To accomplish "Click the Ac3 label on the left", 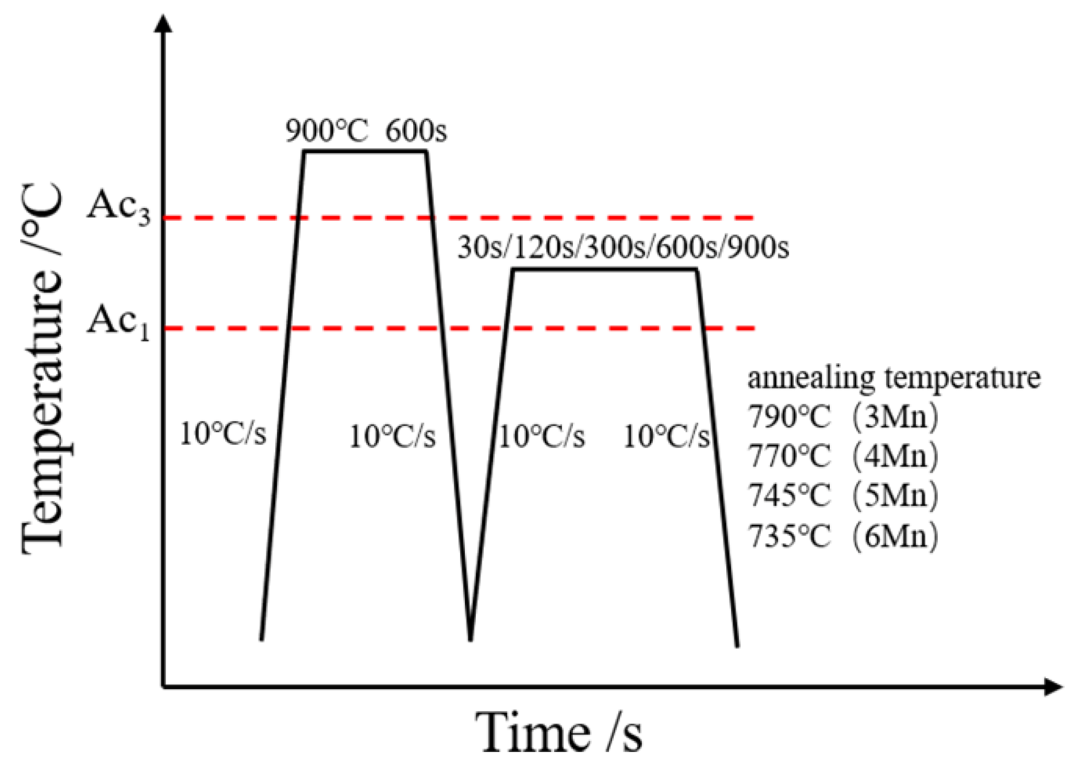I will coord(118,208).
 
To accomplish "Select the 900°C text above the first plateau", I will coord(326,132).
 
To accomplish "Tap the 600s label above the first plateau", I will coord(415,132).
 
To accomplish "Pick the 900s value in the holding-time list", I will coord(758,248).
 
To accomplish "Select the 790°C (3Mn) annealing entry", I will coord(842,417).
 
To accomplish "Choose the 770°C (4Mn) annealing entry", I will coord(842,456).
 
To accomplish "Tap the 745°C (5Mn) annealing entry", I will coord(842,495).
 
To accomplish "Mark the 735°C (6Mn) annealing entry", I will coord(842,536).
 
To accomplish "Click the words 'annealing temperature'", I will coord(894,378).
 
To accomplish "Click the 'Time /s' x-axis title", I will coord(561,733).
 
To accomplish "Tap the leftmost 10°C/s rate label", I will coord(223,435).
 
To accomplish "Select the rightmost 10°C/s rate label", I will coord(667,437).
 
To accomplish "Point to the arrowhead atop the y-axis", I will coord(164,24).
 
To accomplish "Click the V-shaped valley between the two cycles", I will coord(471,635).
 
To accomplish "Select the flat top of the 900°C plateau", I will coord(365,151).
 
